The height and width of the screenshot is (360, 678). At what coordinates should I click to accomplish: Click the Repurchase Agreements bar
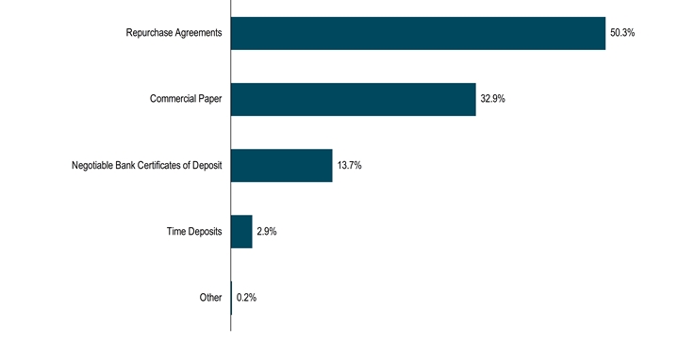click(x=418, y=33)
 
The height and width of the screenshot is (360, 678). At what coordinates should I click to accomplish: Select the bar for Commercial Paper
click(x=353, y=99)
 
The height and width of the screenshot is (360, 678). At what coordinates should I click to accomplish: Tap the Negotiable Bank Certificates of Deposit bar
click(x=281, y=165)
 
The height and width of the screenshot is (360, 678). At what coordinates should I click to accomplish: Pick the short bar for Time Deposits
click(x=241, y=231)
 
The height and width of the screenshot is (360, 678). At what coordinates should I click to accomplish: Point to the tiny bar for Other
click(x=231, y=297)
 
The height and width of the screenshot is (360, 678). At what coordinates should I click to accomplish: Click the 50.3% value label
click(x=622, y=33)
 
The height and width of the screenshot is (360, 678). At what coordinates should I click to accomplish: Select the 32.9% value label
click(x=493, y=99)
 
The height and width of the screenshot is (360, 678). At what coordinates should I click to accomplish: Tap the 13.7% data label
click(x=349, y=165)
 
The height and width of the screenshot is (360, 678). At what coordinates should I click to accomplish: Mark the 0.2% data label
click(x=246, y=297)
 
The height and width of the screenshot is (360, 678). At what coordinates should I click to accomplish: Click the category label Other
click(x=210, y=297)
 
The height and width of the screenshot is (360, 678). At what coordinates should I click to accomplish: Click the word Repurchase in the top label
click(x=149, y=33)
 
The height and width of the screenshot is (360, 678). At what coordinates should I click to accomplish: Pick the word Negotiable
click(x=92, y=165)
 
